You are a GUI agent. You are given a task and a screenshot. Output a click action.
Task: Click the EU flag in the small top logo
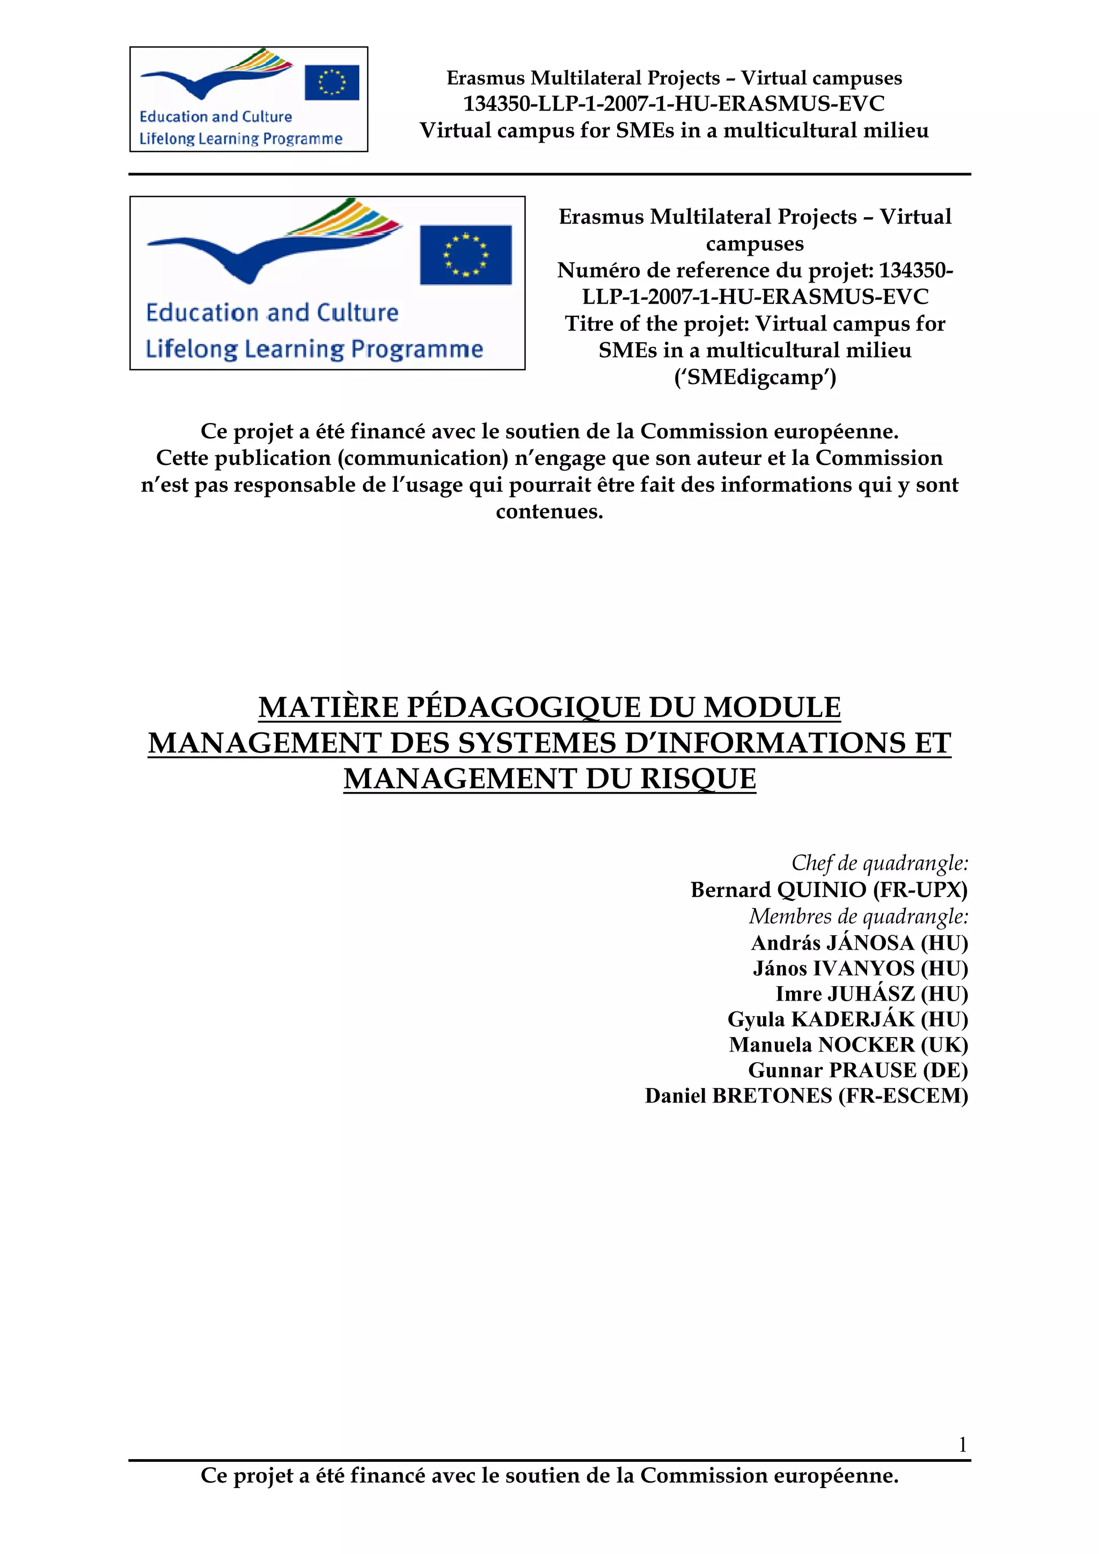click(331, 83)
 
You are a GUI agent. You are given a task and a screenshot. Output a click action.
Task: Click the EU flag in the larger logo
click(465, 255)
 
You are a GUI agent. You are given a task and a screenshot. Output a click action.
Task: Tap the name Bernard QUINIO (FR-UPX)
click(829, 890)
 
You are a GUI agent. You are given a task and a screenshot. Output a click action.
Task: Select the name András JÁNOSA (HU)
click(859, 942)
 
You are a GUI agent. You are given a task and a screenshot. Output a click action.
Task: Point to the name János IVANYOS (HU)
click(860, 968)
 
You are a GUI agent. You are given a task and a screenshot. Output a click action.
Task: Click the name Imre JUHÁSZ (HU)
click(871, 994)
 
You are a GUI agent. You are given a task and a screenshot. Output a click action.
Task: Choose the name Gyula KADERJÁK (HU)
click(847, 1019)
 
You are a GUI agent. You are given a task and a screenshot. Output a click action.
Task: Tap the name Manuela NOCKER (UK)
click(848, 1045)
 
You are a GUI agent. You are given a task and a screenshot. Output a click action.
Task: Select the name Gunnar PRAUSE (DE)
click(858, 1070)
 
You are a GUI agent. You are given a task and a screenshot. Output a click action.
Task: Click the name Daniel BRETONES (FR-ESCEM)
click(806, 1095)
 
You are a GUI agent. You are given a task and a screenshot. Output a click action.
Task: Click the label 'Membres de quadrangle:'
click(859, 916)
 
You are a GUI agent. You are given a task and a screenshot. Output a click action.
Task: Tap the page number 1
click(962, 1445)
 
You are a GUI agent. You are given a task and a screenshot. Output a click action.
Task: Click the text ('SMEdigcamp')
click(755, 376)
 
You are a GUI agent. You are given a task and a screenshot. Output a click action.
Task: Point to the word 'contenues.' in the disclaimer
click(549, 511)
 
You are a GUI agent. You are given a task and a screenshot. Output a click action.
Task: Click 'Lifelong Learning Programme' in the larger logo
click(314, 349)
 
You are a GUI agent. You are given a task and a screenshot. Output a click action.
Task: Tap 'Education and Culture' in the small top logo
click(215, 116)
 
